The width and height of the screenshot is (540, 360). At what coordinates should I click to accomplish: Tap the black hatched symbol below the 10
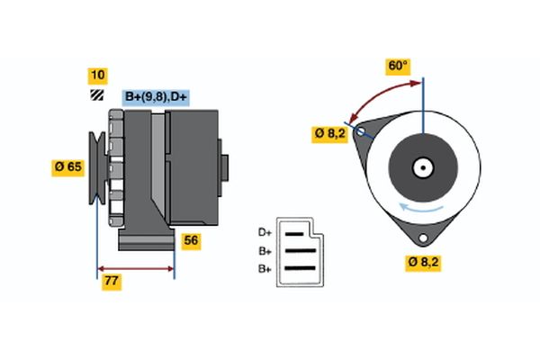click(95, 94)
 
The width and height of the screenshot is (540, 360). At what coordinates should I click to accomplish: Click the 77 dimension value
click(112, 282)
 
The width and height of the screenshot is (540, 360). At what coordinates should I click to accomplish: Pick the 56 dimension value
click(192, 241)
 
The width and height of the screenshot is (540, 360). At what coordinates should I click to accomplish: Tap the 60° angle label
click(397, 66)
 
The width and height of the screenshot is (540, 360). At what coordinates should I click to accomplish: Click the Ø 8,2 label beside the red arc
click(328, 133)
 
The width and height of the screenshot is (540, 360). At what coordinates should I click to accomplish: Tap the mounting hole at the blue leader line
click(362, 131)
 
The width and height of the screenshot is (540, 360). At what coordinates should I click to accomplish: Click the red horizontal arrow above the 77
click(135, 268)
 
